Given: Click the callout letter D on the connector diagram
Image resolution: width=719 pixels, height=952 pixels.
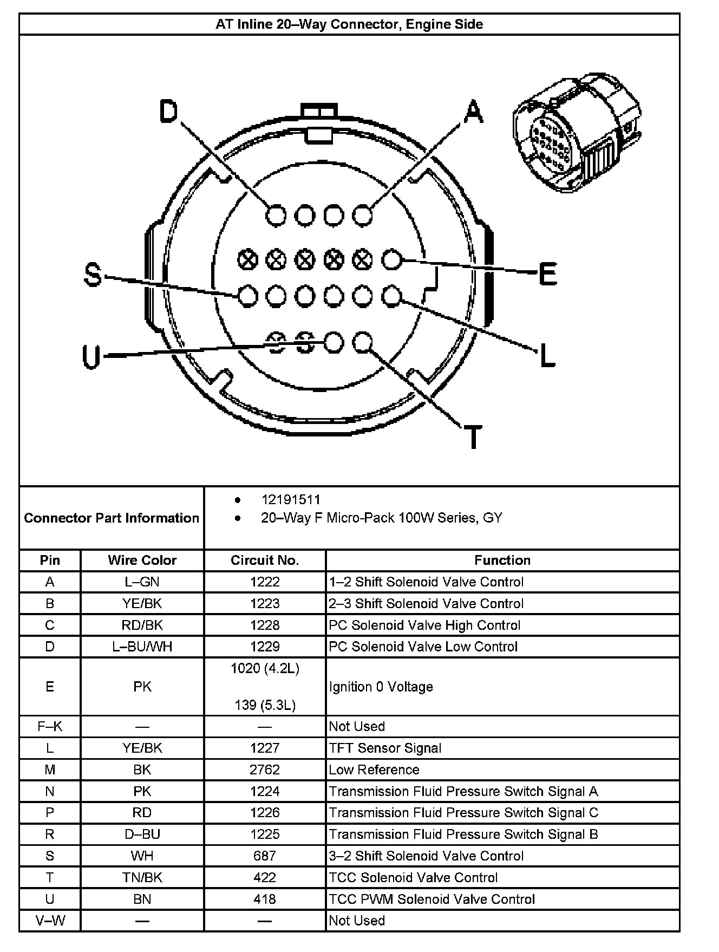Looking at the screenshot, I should (x=168, y=112).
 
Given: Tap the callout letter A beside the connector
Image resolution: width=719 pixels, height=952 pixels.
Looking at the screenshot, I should (x=473, y=112).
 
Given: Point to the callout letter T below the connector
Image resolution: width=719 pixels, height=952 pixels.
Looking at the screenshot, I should (x=473, y=437).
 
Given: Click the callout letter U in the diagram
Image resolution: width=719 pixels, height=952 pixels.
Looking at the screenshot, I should (x=91, y=357).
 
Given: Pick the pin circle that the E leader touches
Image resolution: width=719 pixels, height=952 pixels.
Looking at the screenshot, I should (x=391, y=260).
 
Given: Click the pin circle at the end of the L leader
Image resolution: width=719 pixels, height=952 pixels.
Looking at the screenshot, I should (x=391, y=296).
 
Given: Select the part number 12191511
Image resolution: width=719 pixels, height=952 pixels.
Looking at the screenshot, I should (x=290, y=500).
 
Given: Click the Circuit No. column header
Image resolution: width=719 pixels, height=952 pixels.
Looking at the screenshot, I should (x=265, y=560).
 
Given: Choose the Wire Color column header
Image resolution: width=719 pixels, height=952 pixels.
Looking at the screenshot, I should (x=142, y=560).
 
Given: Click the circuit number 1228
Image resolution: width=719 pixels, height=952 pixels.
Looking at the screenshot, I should (x=265, y=625).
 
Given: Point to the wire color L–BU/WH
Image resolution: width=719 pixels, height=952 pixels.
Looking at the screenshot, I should (x=142, y=647).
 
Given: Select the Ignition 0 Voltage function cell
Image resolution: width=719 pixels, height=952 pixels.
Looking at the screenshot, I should (x=381, y=687).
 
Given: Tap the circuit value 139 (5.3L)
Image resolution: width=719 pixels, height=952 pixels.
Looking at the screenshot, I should (x=265, y=705).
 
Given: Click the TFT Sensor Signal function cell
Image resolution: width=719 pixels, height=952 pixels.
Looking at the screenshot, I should (x=385, y=748).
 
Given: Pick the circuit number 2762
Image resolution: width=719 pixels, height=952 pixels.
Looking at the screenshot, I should (x=265, y=770).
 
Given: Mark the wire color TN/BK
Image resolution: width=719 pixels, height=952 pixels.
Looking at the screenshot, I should (x=142, y=877).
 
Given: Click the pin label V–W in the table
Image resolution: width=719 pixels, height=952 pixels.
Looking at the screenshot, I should (x=50, y=920).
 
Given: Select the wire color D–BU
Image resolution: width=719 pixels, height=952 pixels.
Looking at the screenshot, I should (x=142, y=834).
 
